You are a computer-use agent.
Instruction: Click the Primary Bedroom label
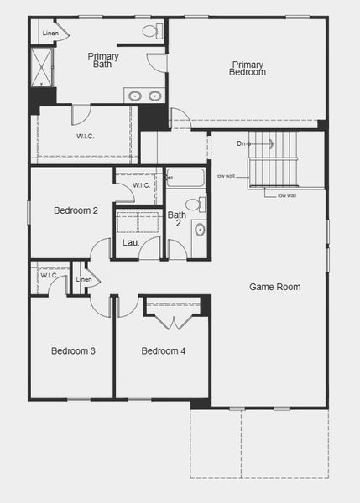[x=248, y=69]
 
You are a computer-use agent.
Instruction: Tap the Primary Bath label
[x=104, y=60]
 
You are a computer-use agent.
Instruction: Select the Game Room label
[x=274, y=287]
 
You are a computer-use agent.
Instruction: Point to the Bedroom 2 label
[x=76, y=211]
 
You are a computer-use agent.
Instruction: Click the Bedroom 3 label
[x=73, y=350]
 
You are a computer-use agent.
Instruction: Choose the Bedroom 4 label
[x=163, y=350]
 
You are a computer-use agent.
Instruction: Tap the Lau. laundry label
[x=131, y=243]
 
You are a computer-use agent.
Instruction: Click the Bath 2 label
[x=176, y=220]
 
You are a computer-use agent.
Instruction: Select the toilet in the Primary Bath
[x=151, y=31]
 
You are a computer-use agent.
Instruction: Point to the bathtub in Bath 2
[x=185, y=178]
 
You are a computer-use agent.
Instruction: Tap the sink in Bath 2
[x=199, y=230]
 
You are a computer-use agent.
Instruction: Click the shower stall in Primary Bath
[x=41, y=67]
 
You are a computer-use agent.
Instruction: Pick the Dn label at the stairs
[x=241, y=143]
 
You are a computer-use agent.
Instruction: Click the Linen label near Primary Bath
[x=50, y=34]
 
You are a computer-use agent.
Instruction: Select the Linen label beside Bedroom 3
[x=84, y=279]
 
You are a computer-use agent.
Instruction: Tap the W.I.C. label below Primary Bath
[x=86, y=137]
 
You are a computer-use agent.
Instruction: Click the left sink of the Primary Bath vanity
[x=136, y=96]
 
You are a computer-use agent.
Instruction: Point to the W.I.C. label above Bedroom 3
[x=48, y=275]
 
